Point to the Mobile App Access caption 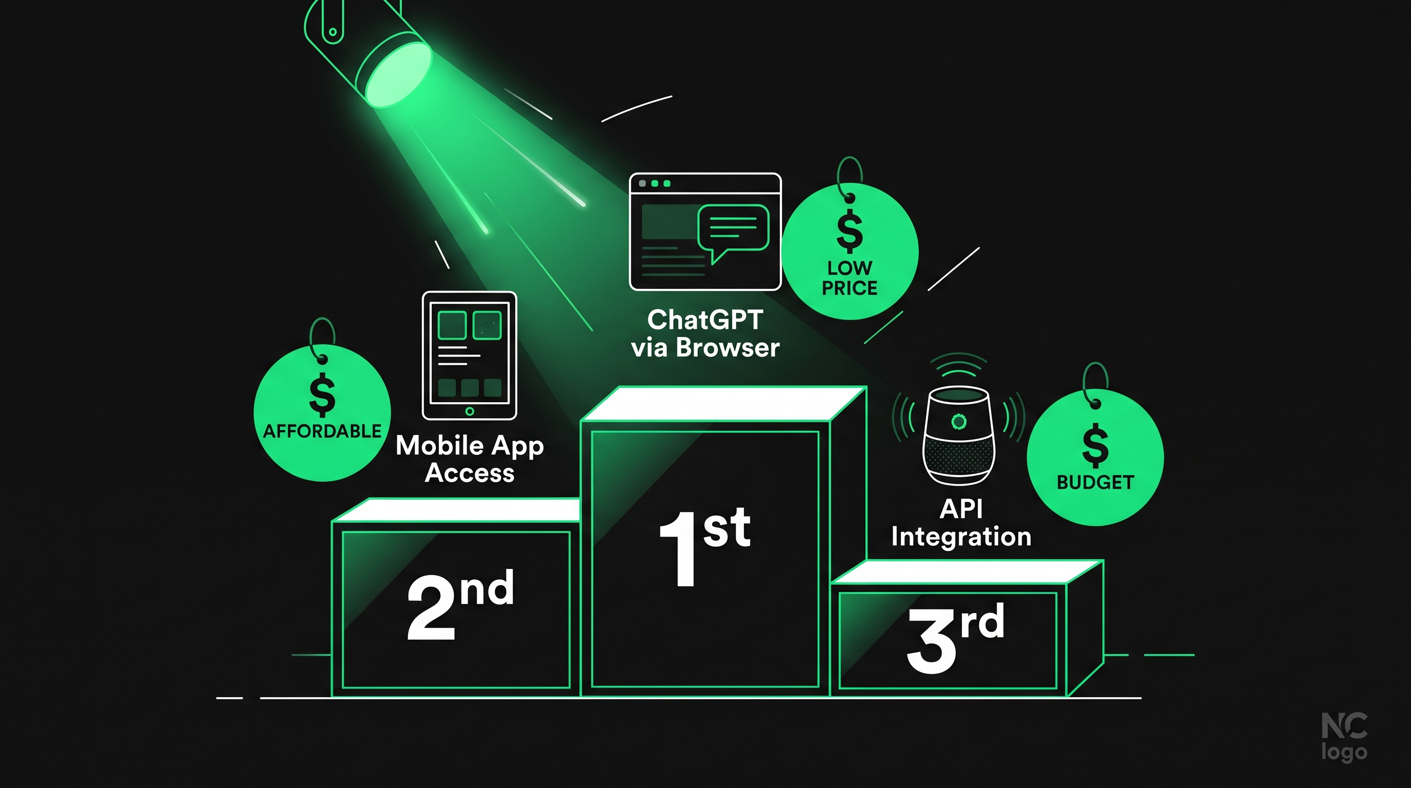click(470, 459)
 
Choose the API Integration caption click(961, 523)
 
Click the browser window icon click(705, 232)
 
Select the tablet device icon click(470, 356)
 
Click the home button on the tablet click(470, 411)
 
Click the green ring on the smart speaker click(959, 421)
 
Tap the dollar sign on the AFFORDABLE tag click(322, 395)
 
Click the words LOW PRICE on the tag click(850, 278)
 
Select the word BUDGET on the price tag click(1096, 482)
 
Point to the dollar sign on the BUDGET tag click(1096, 445)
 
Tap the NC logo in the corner click(1345, 737)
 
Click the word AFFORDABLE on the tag click(322, 431)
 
